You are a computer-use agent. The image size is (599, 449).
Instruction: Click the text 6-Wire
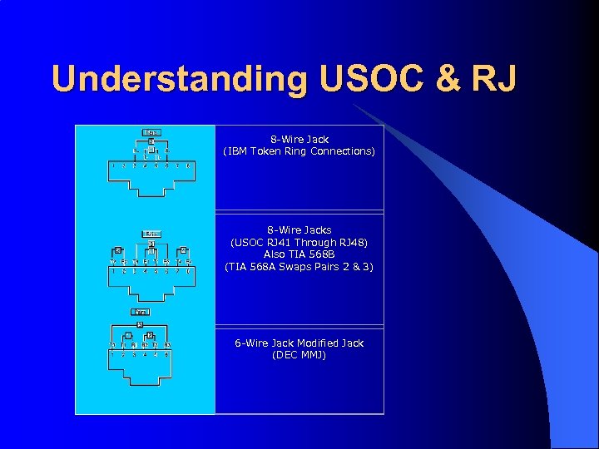(251, 343)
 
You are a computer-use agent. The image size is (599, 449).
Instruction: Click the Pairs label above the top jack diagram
(151, 131)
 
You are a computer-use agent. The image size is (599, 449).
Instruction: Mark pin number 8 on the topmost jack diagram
(190, 165)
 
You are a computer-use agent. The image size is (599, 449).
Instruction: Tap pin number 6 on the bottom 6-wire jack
(167, 355)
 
